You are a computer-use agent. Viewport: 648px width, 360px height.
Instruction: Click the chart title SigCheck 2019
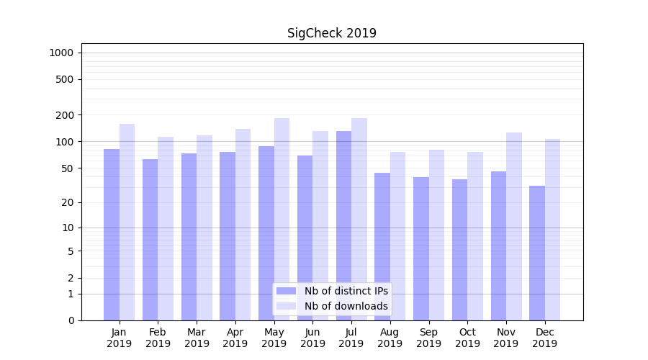coord(332,33)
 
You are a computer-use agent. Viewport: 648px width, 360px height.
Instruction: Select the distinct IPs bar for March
coord(189,237)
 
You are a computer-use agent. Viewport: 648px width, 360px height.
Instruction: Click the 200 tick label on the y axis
coord(65,115)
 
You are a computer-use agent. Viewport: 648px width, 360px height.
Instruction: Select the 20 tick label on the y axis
coord(68,202)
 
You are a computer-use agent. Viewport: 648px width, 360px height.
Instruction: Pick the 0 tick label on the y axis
coord(71,320)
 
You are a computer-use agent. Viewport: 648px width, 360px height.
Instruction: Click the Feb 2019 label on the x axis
coord(158,338)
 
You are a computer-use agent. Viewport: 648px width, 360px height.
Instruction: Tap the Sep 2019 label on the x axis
coord(428,338)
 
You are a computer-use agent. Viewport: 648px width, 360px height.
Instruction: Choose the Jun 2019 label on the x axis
coord(312,338)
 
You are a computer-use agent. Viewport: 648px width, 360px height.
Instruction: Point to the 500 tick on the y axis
coord(65,79)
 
